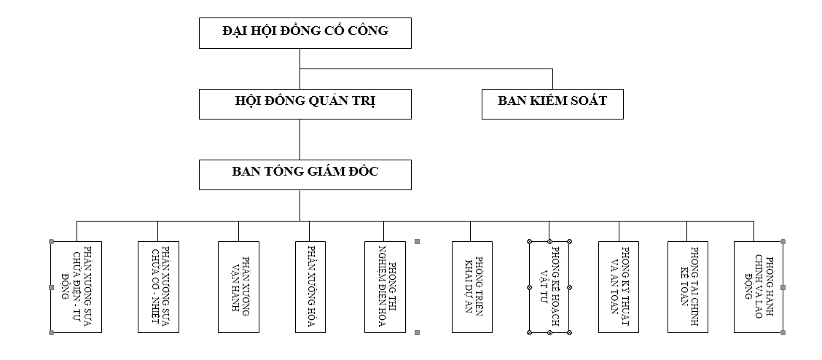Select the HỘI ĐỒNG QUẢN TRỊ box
click(305, 103)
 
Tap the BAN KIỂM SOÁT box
click(552, 103)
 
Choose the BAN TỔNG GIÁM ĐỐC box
click(305, 174)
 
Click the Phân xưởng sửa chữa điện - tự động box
click(76, 287)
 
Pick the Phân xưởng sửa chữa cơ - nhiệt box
click(158, 287)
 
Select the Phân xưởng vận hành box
click(239, 287)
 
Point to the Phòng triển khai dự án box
click(472, 287)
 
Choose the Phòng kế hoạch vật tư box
click(549, 287)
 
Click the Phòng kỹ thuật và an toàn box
click(619, 287)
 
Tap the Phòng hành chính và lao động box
click(758, 287)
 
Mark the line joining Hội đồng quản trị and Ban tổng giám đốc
click(300, 138)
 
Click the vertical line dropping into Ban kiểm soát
click(552, 79)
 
